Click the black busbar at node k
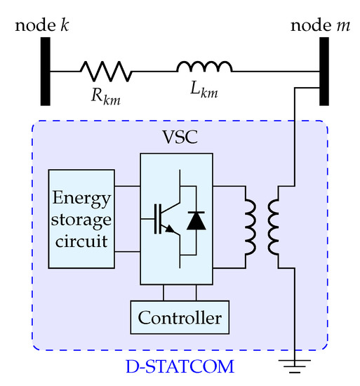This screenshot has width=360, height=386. coord(45,72)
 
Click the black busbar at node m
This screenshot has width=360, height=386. coord(325,72)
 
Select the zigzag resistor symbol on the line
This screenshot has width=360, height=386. coord(105,72)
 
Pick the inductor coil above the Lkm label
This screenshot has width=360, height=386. coord(204,67)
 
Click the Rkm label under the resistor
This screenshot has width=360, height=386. coord(105,97)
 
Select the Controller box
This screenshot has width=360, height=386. coord(180,318)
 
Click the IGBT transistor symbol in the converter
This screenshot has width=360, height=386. coord(163,219)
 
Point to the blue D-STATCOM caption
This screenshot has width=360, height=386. coord(180,366)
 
